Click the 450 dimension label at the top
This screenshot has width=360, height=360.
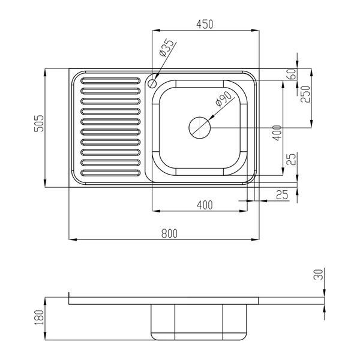(x=205, y=25)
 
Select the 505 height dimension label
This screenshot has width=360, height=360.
(x=39, y=123)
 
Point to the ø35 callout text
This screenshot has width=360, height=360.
(x=166, y=48)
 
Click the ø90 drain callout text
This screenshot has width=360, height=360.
(x=223, y=99)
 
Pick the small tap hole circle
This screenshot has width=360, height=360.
(x=152, y=83)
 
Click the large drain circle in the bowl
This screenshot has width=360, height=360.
(x=200, y=128)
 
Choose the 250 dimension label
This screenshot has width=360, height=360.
(x=305, y=94)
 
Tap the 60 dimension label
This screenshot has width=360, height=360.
(x=292, y=74)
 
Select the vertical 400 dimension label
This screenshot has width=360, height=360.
(x=277, y=133)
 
